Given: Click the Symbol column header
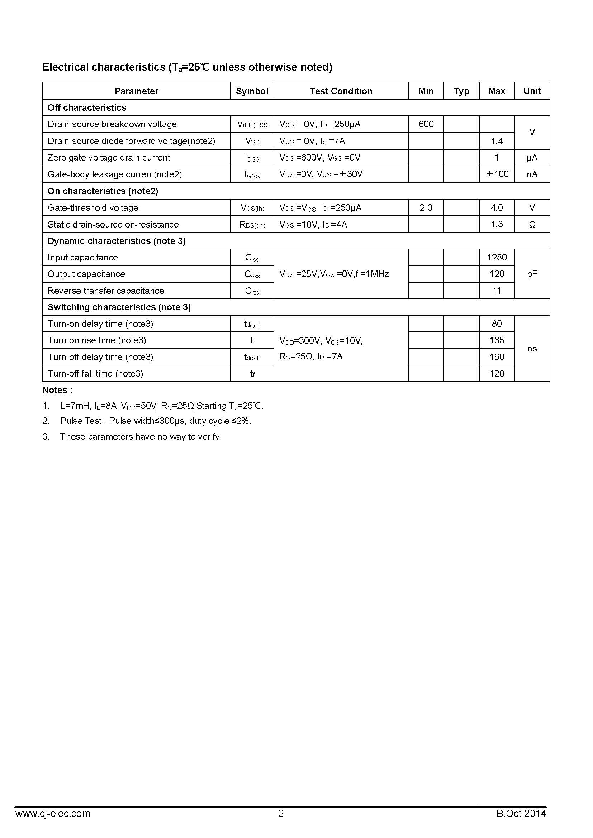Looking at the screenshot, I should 252,91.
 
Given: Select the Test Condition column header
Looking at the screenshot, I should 341,91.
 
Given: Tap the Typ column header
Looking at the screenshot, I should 461,91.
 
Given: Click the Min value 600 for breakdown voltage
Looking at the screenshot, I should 426,124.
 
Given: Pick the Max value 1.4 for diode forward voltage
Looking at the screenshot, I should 497,141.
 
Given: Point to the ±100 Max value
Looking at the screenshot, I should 497,174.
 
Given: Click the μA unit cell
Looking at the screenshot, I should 532,158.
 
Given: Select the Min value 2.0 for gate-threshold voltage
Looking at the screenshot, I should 426,208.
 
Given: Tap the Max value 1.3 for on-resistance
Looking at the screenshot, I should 497,224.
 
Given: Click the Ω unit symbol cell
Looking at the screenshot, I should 532,225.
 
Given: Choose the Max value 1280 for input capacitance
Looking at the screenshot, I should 497,257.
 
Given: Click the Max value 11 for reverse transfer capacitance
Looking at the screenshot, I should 497,291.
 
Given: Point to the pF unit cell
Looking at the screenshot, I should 532,274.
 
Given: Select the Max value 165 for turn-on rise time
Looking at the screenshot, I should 497,340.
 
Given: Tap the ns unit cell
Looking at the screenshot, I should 532,349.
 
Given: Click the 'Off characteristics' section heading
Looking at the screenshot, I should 87,108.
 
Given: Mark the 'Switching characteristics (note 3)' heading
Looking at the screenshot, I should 119,307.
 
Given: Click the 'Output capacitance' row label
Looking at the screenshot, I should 86,274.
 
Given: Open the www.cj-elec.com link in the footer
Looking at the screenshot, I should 53,814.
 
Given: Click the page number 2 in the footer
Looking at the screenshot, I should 281,814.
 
